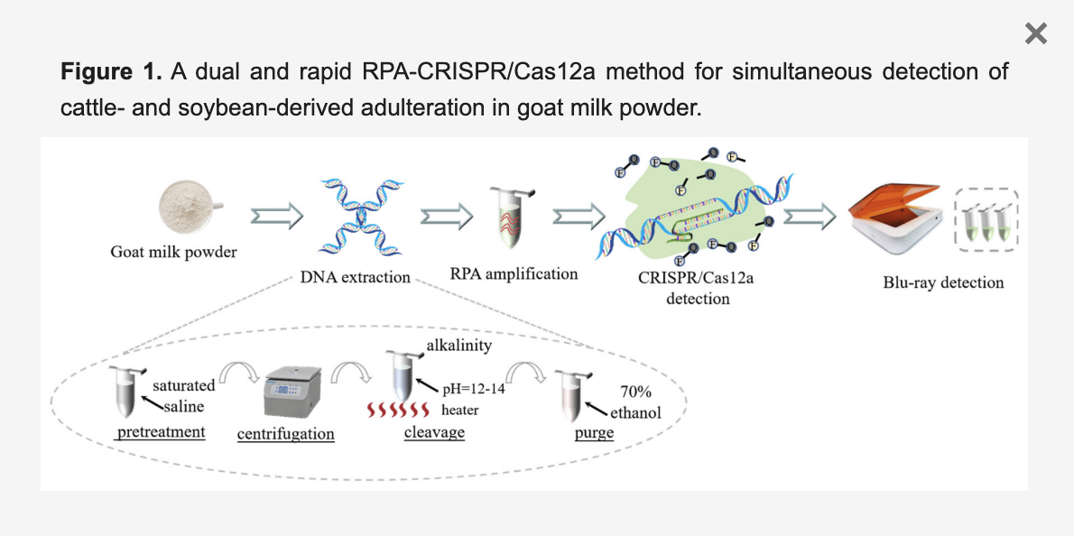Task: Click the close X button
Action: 1036,34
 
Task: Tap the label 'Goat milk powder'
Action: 173,252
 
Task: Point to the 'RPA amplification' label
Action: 514,273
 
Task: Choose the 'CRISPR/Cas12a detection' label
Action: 696,287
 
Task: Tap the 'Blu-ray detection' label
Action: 943,282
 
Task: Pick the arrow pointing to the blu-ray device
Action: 810,217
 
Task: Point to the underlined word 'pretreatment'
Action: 162,432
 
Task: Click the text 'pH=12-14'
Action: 472,389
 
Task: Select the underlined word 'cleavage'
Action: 434,432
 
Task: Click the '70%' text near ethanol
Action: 637,393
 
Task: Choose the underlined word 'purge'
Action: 594,433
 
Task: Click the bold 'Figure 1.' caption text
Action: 111,71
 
